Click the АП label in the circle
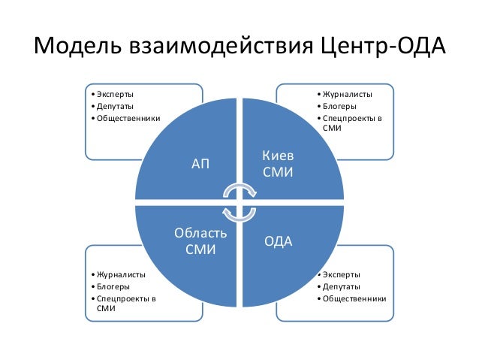tap(200, 163)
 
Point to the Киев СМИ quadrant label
tap(278, 164)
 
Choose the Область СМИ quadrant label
tap(200, 241)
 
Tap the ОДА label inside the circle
tap(279, 241)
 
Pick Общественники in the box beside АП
tap(126, 118)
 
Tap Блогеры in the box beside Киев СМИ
tap(341, 106)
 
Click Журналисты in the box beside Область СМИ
tap(119, 275)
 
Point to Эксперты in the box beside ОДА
tap(342, 275)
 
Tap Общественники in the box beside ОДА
tap(354, 299)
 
